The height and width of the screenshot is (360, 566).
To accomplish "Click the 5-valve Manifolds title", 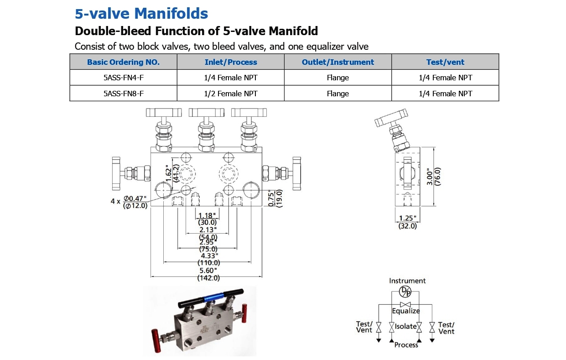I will (x=141, y=14).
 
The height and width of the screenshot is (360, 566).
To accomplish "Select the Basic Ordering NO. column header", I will (x=123, y=62).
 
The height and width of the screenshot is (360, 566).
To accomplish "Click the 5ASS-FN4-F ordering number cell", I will (x=123, y=78).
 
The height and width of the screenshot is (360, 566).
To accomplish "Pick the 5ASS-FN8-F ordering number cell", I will (x=123, y=94).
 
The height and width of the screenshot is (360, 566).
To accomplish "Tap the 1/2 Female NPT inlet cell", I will (x=231, y=94).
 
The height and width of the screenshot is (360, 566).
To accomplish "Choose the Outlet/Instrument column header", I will (x=338, y=62).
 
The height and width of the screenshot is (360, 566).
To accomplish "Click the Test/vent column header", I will (x=445, y=62).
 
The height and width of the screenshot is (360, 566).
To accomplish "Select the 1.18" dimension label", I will (x=208, y=215).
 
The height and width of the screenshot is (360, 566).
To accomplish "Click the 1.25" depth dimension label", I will (x=407, y=218).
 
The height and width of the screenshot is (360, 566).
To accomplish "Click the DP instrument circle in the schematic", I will (x=405, y=291).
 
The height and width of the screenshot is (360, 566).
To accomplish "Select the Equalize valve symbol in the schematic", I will (x=405, y=304).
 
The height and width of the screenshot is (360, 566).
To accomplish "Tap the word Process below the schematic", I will (x=406, y=345).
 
